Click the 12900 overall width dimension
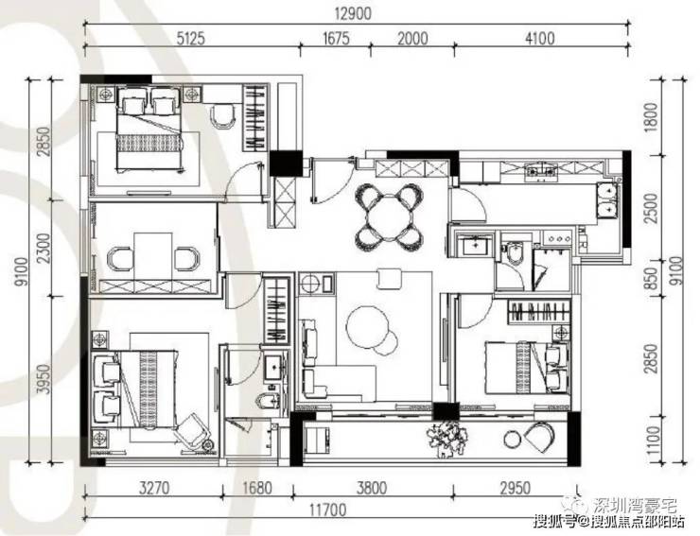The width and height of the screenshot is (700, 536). [x=353, y=14]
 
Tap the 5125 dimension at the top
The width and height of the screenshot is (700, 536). [x=191, y=39]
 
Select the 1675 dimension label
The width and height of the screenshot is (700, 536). [x=336, y=39]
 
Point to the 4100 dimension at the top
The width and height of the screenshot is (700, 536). [x=540, y=39]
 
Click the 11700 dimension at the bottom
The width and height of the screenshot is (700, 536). [x=327, y=510]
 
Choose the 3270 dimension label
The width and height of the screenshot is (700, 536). [x=154, y=488]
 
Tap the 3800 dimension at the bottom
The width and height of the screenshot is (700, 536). [x=372, y=488]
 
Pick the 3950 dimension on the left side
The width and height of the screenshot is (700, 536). [x=44, y=379]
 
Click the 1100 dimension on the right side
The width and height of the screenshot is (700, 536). [x=653, y=440]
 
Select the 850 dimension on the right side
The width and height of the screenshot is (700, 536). [x=653, y=279]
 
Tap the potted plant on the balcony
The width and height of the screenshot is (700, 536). [x=446, y=439]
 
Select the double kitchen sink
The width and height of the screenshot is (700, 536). [x=608, y=199]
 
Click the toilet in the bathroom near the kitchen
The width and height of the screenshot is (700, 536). [x=515, y=251]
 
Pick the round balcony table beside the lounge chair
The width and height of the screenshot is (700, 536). [x=512, y=440]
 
